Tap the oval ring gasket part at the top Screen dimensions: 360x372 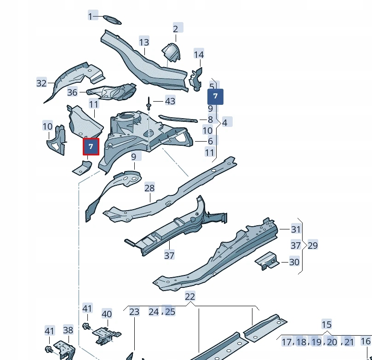[112, 19]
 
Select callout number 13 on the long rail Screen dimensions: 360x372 [144, 42]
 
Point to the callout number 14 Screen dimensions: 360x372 [199, 55]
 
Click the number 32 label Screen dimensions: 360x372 [41, 83]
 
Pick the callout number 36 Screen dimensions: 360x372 [72, 92]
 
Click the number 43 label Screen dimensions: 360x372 [170, 101]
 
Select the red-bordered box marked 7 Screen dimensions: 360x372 [91, 147]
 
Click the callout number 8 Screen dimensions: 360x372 [210, 120]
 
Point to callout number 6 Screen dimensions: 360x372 [210, 142]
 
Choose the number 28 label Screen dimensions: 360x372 [149, 188]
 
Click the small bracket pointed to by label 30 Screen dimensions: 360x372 [267, 261]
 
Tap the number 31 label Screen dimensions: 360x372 [296, 229]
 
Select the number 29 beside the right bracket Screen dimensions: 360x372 [312, 246]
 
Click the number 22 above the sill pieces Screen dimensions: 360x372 [190, 297]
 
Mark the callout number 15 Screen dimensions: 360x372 [326, 325]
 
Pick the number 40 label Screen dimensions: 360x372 [107, 314]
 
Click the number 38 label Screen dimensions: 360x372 [68, 330]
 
